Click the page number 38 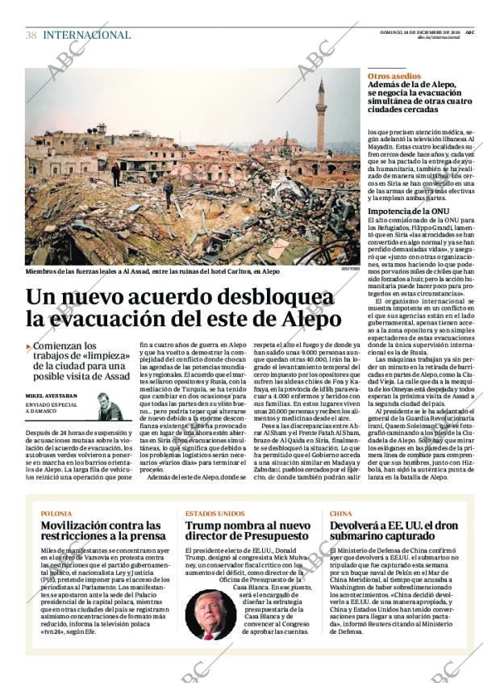31,36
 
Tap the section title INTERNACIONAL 86,36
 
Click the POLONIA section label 56,513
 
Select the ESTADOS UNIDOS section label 215,513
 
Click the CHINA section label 340,513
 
